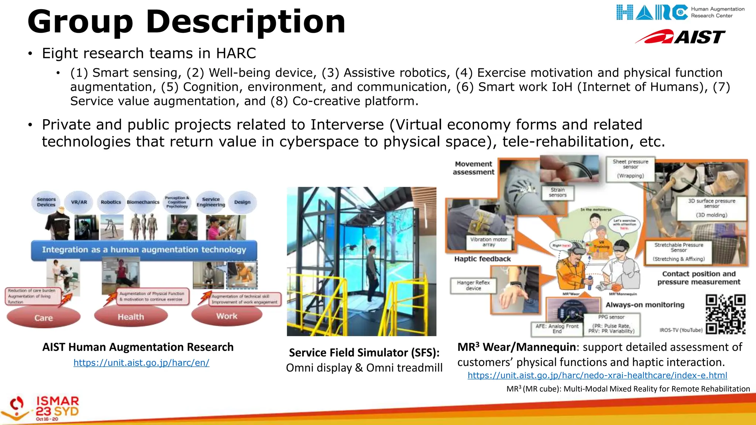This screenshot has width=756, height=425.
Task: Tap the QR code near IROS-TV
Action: pos(725,314)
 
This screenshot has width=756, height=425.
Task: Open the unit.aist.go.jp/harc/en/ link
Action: pos(141,363)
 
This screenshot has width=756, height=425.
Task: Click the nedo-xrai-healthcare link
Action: pos(597,375)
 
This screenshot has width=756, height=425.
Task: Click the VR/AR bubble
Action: pos(79,202)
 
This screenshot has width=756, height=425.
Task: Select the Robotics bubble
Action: pos(111,202)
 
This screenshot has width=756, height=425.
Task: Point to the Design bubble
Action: pos(242,202)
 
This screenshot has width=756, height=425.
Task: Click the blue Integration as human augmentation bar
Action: pos(144,250)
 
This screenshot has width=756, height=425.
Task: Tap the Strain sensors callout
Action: pos(557,192)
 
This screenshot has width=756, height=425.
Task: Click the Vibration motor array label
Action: pos(488,242)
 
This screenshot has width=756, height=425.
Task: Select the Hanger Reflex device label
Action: pos(473,285)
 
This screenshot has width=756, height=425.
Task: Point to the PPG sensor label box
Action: pos(611,324)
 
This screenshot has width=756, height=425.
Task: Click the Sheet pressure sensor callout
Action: pos(630,169)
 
